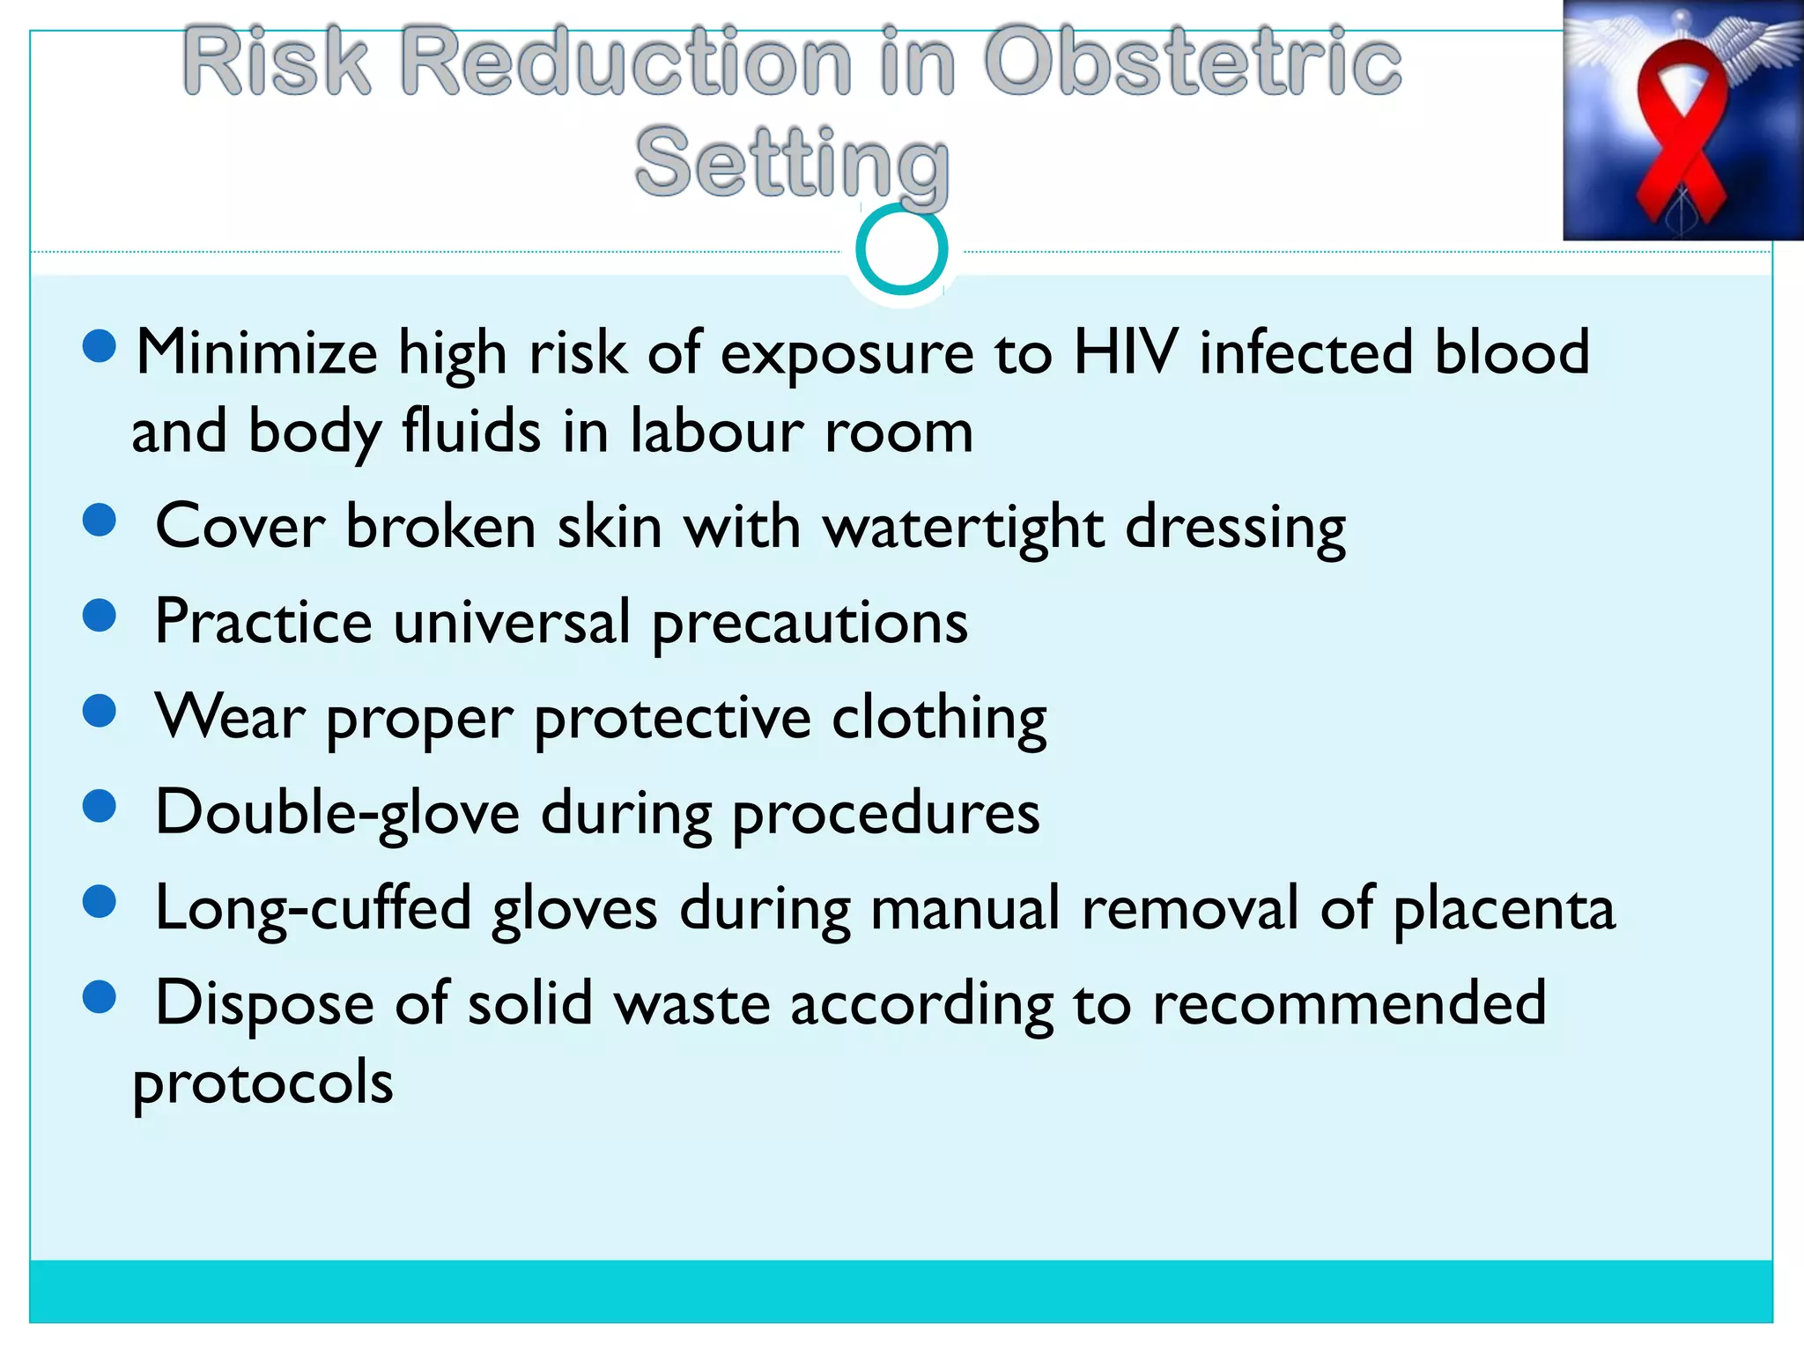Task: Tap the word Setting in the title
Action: tap(791, 163)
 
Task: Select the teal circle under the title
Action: tap(901, 249)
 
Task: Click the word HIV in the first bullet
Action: tap(1125, 352)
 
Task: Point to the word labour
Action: tap(715, 432)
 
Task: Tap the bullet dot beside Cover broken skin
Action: tap(100, 520)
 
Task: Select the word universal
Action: tap(512, 622)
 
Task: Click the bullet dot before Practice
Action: tap(100, 615)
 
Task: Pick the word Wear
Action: tap(230, 717)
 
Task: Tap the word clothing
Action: tap(939, 719)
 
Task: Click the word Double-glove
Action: tap(337, 813)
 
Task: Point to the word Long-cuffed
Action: tap(313, 908)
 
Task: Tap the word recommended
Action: tap(1349, 1003)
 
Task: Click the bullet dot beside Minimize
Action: tap(100, 346)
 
